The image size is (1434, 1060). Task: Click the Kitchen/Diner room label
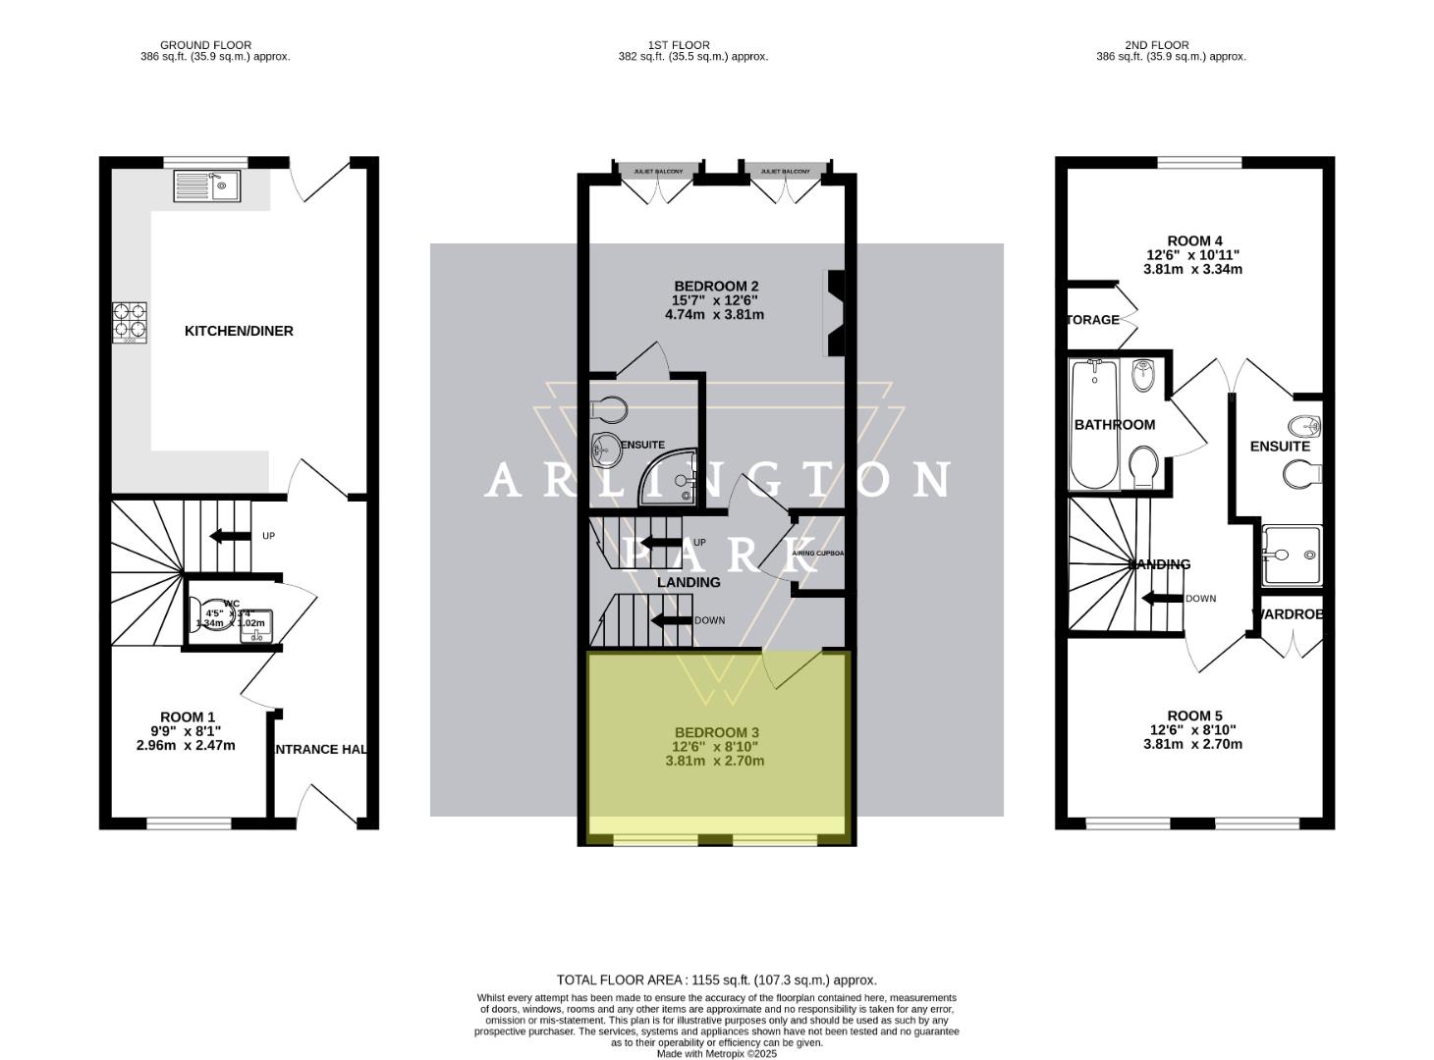pos(239,331)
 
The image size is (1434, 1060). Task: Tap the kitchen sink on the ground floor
pos(206,185)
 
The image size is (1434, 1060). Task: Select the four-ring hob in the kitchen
pos(131,323)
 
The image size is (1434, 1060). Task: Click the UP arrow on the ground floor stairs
pos(230,536)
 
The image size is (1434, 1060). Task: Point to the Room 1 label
pos(187,717)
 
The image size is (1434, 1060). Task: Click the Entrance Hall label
pos(320,749)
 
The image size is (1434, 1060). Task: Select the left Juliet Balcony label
pos(658,171)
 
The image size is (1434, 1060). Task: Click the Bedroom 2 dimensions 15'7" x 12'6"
pos(714,300)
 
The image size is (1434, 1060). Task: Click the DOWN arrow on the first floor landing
pos(672,620)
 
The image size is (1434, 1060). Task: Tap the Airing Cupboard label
pos(818,554)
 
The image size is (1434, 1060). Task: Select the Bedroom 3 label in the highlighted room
pos(716,732)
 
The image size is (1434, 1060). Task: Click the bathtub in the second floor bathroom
pos(1094,424)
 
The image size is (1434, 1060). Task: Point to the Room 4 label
pos(1194,240)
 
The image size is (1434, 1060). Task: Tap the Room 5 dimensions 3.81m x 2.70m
pos(1193,744)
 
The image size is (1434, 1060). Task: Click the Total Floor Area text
pos(716,980)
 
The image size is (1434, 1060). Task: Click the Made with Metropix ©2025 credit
pos(716,1053)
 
